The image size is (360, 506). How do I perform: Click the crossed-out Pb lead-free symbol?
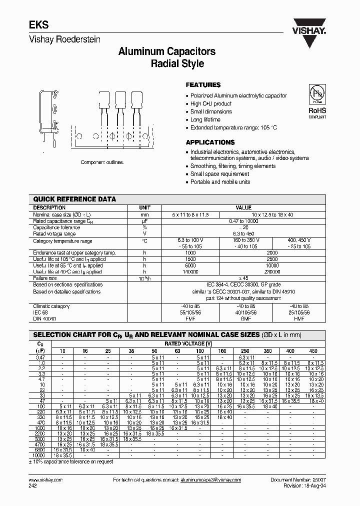316,94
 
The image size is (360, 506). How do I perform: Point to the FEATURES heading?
203,85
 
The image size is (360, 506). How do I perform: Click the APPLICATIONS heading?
210,142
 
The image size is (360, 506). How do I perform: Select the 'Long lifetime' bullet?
205,120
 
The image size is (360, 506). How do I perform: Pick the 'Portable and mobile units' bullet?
220,182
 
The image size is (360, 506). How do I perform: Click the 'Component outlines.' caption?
102,162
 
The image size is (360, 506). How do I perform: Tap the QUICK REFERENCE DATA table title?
74,199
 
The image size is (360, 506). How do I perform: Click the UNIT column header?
145,207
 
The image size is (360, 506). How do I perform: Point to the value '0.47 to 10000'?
243,220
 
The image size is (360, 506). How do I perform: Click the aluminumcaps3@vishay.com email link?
210,480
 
